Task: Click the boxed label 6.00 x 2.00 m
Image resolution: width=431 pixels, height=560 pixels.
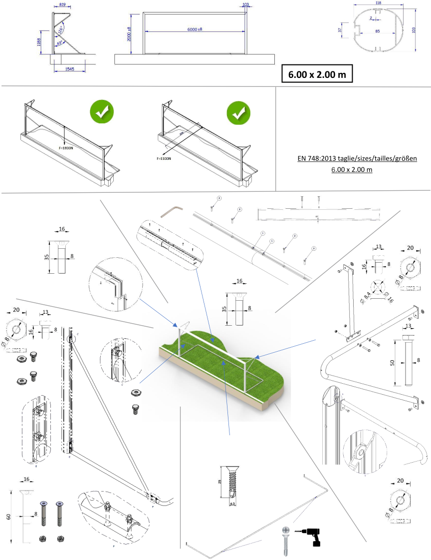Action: tap(317, 73)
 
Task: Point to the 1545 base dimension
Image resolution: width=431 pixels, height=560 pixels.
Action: tap(69, 69)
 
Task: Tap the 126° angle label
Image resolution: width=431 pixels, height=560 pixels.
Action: tap(61, 29)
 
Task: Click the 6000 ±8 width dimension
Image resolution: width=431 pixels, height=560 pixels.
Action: tap(194, 29)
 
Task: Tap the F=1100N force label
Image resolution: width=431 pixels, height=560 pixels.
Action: tap(164, 159)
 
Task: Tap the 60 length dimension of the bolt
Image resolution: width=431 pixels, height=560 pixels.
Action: tap(9, 517)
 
